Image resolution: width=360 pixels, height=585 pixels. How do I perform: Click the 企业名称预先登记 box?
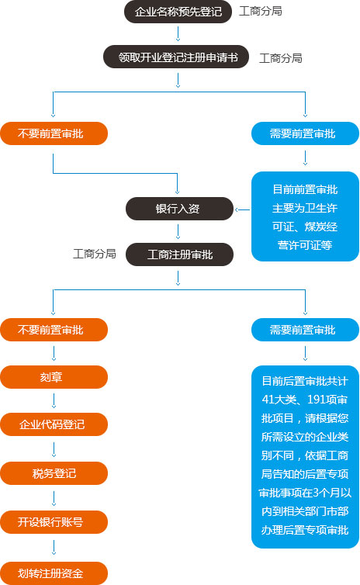[178, 12]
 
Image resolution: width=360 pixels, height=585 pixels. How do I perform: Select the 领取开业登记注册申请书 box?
[176, 57]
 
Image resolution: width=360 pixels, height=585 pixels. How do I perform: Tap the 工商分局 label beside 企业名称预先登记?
[261, 11]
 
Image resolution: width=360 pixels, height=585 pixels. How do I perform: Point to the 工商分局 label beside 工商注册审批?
[95, 254]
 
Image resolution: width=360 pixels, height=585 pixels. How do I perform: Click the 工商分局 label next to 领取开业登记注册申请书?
[281, 58]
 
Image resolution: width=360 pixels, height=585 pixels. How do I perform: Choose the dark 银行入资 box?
[179, 209]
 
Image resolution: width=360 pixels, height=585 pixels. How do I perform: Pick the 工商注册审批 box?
[179, 254]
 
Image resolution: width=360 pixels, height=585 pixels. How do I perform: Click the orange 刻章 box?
[54, 377]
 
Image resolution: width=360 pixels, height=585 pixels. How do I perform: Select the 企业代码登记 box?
[54, 424]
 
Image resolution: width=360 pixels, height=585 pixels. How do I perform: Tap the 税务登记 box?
[54, 473]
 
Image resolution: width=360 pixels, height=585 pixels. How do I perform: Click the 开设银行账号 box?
[54, 522]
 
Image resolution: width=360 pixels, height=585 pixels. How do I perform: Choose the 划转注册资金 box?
[54, 573]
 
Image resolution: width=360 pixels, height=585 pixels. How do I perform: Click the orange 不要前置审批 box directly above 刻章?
[54, 330]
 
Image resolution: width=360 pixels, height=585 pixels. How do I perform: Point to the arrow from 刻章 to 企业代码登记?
[54, 400]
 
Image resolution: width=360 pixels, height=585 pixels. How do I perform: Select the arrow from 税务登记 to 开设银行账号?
[54, 498]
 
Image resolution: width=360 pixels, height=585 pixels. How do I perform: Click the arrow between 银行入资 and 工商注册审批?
[178, 232]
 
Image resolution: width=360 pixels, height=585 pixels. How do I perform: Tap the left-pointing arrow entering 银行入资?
[243, 209]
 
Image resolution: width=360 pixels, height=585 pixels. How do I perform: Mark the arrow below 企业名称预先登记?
[178, 34]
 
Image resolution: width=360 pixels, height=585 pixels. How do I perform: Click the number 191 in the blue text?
[317, 400]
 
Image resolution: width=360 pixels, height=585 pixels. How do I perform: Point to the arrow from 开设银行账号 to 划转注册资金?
[54, 547]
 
